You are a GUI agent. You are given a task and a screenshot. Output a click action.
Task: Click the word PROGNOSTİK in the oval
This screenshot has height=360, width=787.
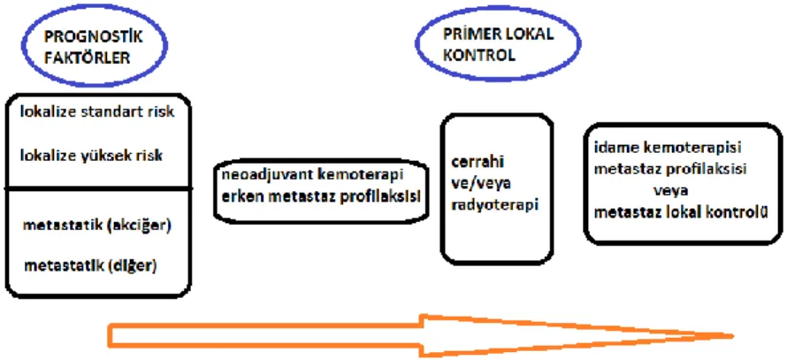point(94,36)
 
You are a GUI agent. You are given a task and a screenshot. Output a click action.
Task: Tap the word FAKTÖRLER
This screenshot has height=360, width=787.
point(87,57)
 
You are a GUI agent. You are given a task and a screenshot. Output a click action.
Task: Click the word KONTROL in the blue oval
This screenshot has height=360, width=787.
point(478,55)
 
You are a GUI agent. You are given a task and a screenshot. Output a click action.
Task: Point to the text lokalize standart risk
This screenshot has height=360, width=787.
point(97,111)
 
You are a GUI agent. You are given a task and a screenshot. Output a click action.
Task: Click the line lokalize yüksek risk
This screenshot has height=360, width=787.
point(91,156)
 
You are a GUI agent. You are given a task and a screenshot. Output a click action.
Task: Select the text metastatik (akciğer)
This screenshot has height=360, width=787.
point(97,226)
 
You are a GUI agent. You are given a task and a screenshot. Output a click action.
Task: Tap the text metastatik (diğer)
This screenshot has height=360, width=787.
point(90,265)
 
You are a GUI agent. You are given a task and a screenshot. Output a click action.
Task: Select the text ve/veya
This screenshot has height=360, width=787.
point(481,184)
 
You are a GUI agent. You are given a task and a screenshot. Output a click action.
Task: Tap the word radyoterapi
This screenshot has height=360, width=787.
point(494,205)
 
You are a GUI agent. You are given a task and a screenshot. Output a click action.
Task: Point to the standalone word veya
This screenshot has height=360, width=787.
point(670,191)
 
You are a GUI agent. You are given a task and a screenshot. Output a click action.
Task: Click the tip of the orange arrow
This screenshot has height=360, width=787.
point(733,336)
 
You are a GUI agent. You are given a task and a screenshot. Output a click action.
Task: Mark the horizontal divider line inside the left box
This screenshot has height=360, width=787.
point(98,188)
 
